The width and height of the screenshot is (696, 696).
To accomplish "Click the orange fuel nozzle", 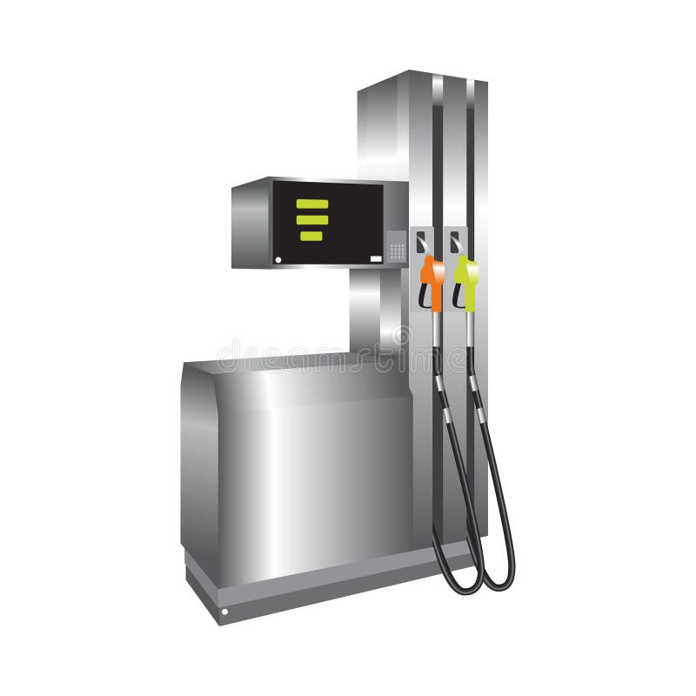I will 432,271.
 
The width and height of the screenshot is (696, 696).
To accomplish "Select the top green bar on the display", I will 312,204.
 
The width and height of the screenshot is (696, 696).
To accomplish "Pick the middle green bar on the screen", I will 312,219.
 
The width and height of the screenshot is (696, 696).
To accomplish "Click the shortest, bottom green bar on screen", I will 310,235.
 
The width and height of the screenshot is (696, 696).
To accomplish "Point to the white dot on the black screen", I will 278,258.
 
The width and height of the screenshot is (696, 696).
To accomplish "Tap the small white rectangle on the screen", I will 376,258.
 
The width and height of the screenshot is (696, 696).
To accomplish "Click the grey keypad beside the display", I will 397,251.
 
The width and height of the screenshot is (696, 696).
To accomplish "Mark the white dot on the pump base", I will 224,612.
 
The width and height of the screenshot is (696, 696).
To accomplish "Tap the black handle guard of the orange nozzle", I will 424,296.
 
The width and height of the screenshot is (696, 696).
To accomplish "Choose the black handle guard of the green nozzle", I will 457,296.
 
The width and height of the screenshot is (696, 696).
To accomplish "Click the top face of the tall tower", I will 418,79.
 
